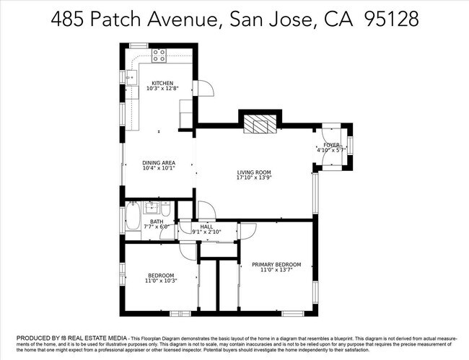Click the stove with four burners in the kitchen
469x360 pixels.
pos(159,53)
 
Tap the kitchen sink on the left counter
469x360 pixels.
pos(131,76)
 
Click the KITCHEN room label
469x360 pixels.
pos(162,83)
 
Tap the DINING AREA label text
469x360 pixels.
pos(158,163)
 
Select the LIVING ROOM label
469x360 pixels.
pos(254,172)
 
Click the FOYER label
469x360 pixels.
pos(331,145)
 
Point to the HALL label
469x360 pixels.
pos(206,227)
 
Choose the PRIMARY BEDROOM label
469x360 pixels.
pos(276,265)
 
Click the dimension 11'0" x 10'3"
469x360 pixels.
pos(161,281)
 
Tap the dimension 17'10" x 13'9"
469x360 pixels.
pos(254,178)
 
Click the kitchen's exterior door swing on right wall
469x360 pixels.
pos(204,87)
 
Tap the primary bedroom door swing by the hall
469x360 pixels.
pos(247,229)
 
